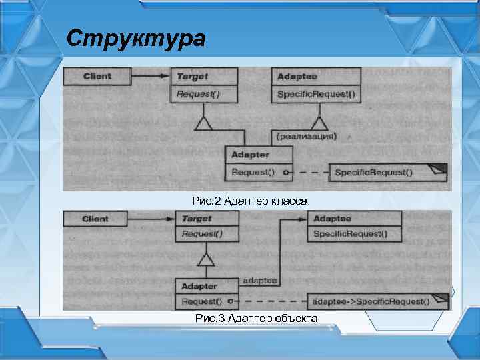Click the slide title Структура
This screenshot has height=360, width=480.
(x=136, y=39)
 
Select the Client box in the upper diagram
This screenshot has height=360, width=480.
(x=97, y=76)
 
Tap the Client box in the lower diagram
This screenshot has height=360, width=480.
(x=95, y=219)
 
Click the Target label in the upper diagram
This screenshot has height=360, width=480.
(x=192, y=77)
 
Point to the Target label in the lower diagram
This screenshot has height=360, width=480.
(x=197, y=219)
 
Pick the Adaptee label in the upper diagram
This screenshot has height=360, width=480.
(x=297, y=77)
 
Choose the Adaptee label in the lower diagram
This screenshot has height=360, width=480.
(x=332, y=219)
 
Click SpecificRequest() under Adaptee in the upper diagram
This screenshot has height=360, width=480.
(x=316, y=94)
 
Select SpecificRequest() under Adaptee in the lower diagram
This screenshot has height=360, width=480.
(x=349, y=234)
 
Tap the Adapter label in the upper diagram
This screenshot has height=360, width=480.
(x=251, y=155)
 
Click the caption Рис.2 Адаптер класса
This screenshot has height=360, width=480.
(x=249, y=201)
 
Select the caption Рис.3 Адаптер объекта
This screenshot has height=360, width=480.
(x=256, y=319)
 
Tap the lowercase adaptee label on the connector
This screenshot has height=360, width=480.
(x=261, y=281)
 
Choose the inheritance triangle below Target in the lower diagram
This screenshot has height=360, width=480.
(x=208, y=257)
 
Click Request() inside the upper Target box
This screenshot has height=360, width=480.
(x=198, y=94)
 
